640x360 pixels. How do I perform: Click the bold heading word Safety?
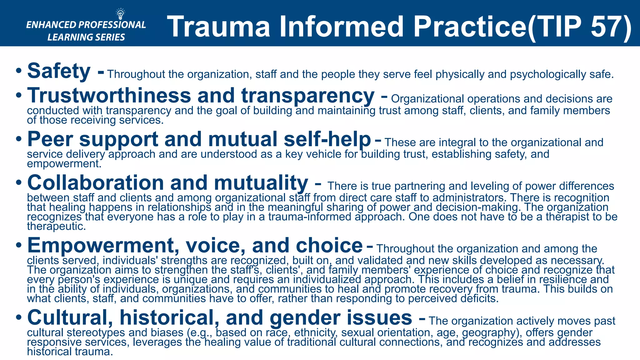[59, 71]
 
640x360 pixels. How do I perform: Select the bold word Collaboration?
[96, 183]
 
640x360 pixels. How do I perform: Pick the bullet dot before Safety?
[19, 71]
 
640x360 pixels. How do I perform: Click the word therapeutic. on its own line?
[57, 226]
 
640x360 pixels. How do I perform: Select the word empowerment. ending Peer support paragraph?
[64, 164]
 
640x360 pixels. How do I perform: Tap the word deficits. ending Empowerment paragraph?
[479, 298]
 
